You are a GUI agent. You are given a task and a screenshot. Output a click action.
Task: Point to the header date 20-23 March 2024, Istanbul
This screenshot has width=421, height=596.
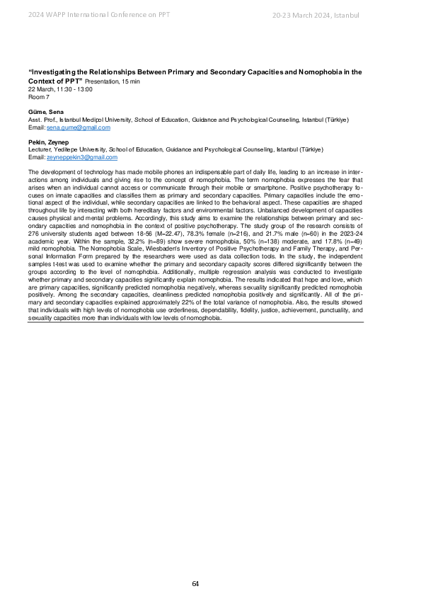point(316,16)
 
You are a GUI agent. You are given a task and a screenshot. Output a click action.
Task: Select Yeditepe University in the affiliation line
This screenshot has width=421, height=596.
point(83,150)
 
